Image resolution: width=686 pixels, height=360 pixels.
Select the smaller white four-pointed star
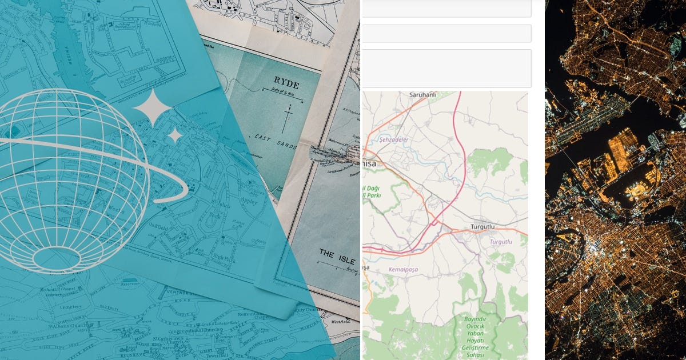174,135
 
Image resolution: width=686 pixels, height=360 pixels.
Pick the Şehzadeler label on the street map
393,139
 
